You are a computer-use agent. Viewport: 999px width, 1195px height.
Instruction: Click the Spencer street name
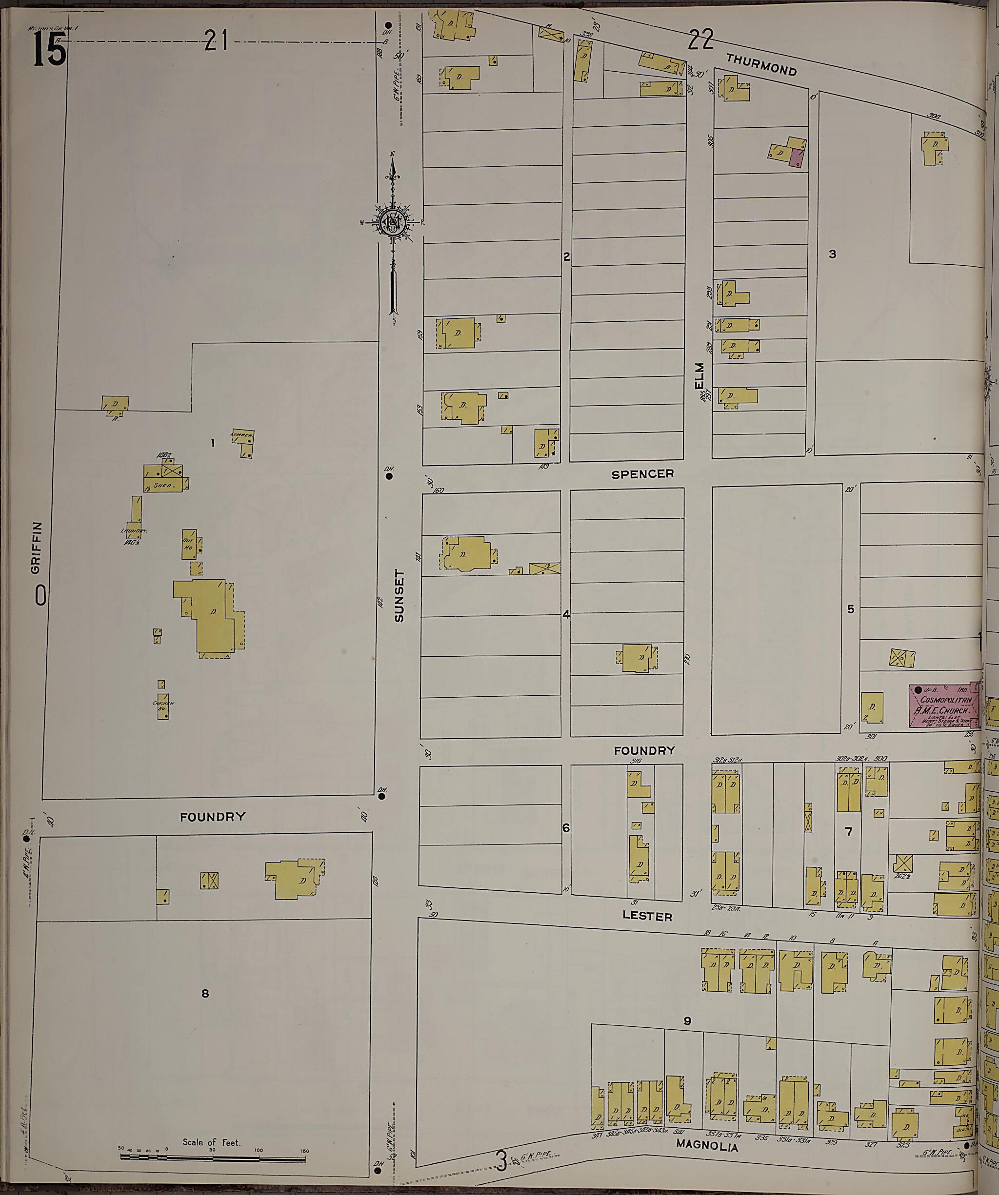[x=642, y=474]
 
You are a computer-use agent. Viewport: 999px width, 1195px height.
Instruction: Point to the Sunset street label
[x=399, y=596]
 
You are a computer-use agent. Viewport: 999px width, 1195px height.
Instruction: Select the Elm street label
[x=699, y=375]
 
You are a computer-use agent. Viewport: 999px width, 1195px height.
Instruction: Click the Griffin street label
[x=37, y=547]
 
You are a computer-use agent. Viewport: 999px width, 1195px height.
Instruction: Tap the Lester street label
[x=647, y=917]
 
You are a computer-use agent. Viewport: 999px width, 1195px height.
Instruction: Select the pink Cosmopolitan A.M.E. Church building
[x=943, y=705]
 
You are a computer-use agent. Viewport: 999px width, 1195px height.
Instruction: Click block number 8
[x=205, y=994]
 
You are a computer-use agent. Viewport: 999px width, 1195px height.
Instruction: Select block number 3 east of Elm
[x=832, y=255]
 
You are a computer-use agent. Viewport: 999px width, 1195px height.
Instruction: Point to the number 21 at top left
[x=217, y=40]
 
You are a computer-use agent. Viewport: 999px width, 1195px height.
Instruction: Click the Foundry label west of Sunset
[x=212, y=817]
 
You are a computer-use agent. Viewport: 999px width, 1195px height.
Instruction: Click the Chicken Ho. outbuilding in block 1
[x=163, y=705]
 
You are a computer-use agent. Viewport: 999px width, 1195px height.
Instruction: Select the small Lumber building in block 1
[x=243, y=443]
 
